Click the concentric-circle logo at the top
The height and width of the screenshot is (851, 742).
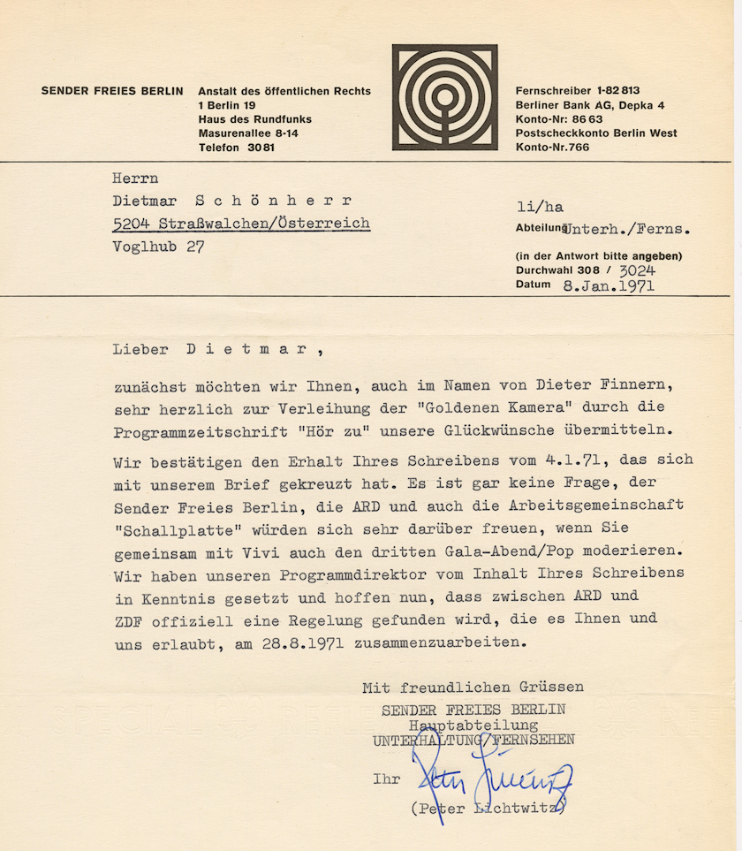(x=445, y=97)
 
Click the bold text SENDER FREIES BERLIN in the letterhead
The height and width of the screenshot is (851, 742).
(x=112, y=91)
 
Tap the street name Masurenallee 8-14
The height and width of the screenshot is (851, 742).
(x=248, y=133)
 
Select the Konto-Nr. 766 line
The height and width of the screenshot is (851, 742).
(x=552, y=148)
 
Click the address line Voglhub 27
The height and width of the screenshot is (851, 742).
(x=158, y=247)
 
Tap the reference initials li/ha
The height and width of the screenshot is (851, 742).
(x=540, y=208)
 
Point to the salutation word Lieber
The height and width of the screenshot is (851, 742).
(x=140, y=348)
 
